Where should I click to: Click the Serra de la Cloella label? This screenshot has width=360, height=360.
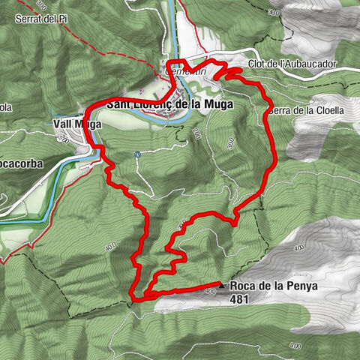pyautogui.click(x=305, y=109)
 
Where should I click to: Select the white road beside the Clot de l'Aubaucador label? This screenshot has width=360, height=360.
pyautogui.click(x=330, y=71)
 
